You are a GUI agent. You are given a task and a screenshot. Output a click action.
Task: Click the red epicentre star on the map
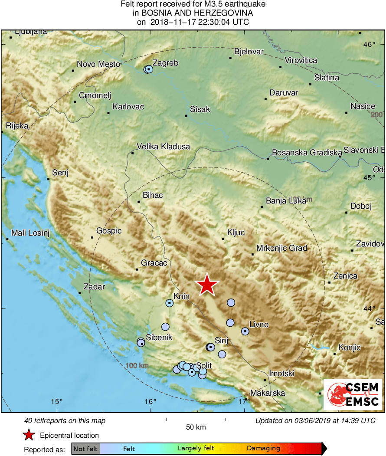[x=207, y=285]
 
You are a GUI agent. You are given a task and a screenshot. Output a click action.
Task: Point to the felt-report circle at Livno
[x=245, y=331]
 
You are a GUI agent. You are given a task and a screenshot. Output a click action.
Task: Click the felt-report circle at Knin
[x=169, y=303]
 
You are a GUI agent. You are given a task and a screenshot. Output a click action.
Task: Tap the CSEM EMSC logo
[x=353, y=394]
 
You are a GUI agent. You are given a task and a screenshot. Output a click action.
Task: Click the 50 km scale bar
[x=196, y=420]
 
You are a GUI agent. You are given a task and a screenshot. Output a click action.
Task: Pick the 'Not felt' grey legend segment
[x=85, y=449]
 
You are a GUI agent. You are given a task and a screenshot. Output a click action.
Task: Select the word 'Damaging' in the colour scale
[x=263, y=449]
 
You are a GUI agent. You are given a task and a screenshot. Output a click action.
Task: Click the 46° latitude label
[x=370, y=45]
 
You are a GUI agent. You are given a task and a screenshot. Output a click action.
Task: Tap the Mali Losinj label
[x=30, y=233]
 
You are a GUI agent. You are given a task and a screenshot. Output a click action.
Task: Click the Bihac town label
[x=152, y=195]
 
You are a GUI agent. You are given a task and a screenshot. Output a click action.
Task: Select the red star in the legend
[x=29, y=435]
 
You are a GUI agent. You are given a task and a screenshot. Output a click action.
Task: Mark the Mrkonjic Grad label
[x=281, y=249]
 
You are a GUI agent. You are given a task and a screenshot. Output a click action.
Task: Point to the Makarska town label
[x=268, y=393]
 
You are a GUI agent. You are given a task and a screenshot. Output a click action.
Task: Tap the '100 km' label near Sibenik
[x=137, y=366]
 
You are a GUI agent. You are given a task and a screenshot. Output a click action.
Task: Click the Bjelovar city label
[x=249, y=52]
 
